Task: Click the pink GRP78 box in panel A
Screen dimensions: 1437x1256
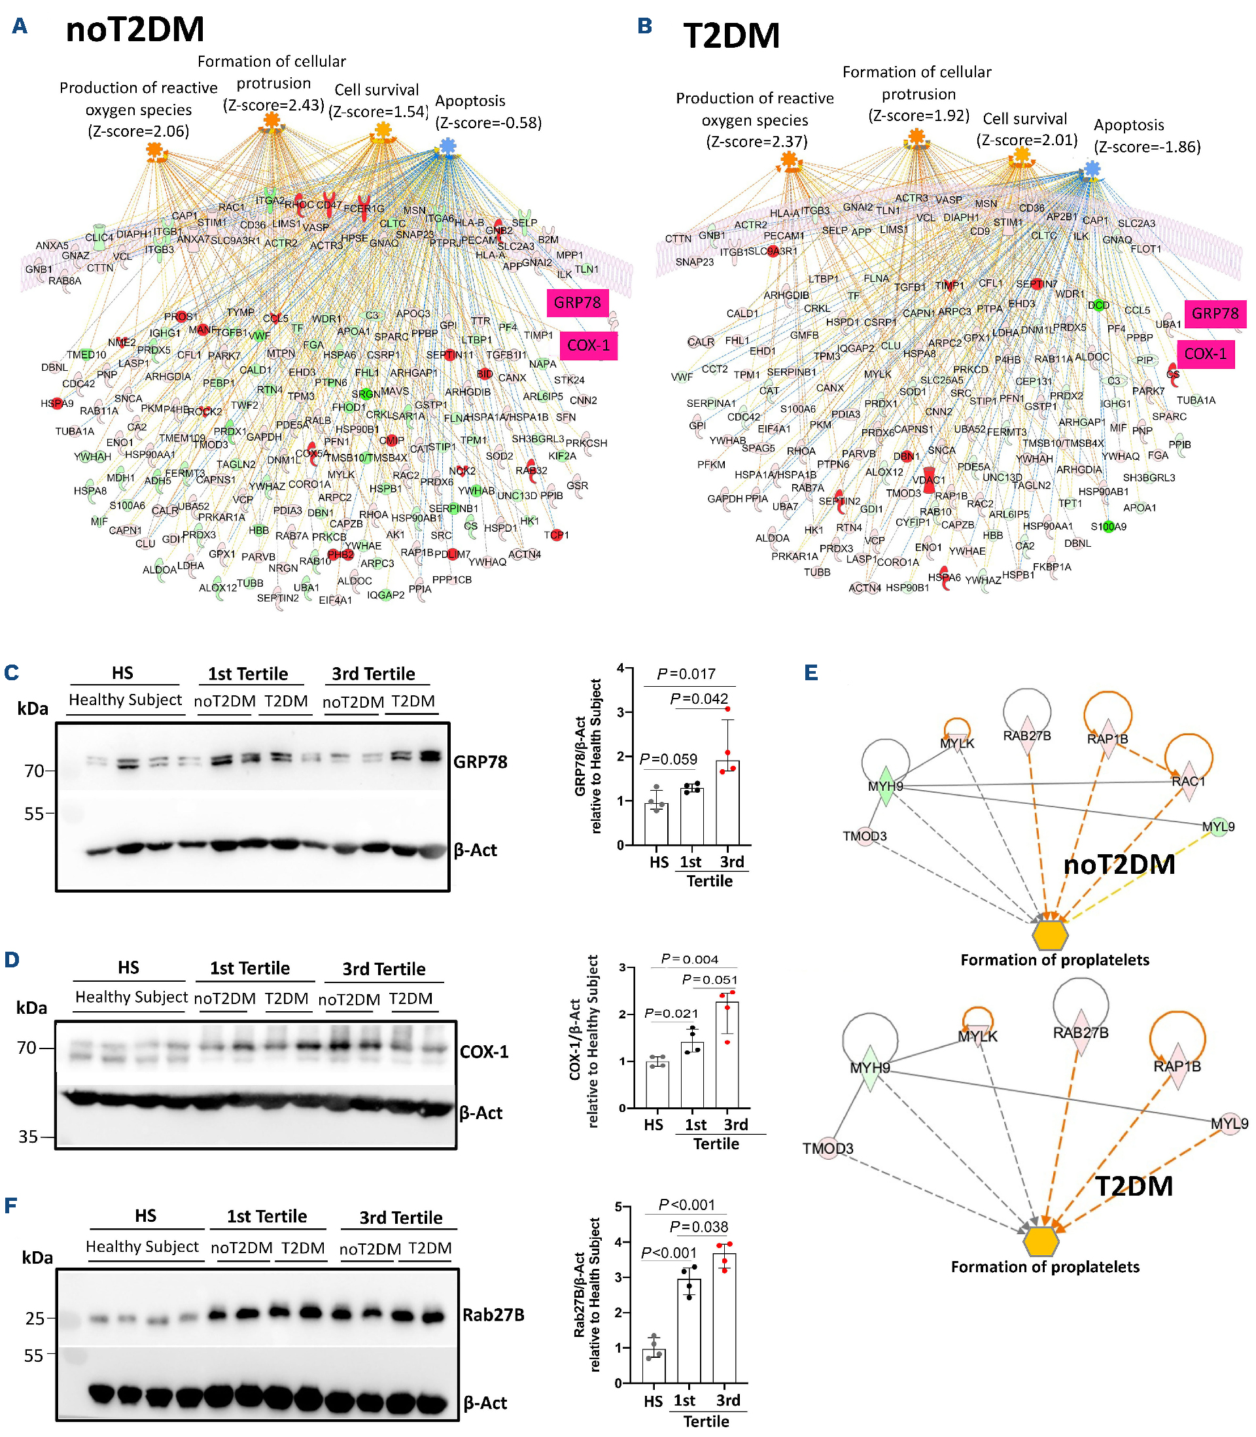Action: pyautogui.click(x=578, y=303)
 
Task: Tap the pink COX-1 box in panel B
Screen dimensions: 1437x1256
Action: pyautogui.click(x=1205, y=354)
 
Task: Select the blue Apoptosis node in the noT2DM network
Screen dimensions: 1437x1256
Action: pyautogui.click(x=447, y=146)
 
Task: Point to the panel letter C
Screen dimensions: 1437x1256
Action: pyautogui.click(x=11, y=672)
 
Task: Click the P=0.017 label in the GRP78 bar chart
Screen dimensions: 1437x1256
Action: pyautogui.click(x=686, y=674)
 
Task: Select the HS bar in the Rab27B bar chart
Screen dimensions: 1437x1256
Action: pyautogui.click(x=654, y=1366)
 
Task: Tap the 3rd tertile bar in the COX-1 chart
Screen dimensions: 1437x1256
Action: pyautogui.click(x=727, y=1054)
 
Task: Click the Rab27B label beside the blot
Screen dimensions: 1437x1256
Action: pyautogui.click(x=493, y=1315)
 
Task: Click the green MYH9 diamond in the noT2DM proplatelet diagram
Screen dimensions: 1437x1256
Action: pyautogui.click(x=885, y=786)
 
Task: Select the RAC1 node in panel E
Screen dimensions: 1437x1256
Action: pyautogui.click(x=1188, y=781)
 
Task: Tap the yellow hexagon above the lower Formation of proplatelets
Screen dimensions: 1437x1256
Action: pyautogui.click(x=1041, y=1241)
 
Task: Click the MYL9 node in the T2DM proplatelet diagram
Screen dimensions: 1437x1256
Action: pyautogui.click(x=1229, y=1124)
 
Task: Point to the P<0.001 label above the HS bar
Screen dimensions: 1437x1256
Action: pyautogui.click(x=669, y=1253)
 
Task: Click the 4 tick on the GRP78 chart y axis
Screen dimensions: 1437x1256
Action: pyautogui.click(x=620, y=668)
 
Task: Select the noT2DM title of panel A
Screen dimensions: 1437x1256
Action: pyautogui.click(x=135, y=29)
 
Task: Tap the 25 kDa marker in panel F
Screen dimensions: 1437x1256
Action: pyautogui.click(x=35, y=1319)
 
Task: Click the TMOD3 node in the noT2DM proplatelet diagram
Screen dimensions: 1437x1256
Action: pyautogui.click(x=865, y=836)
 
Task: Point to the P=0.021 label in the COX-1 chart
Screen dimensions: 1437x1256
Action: pyautogui.click(x=671, y=1013)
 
